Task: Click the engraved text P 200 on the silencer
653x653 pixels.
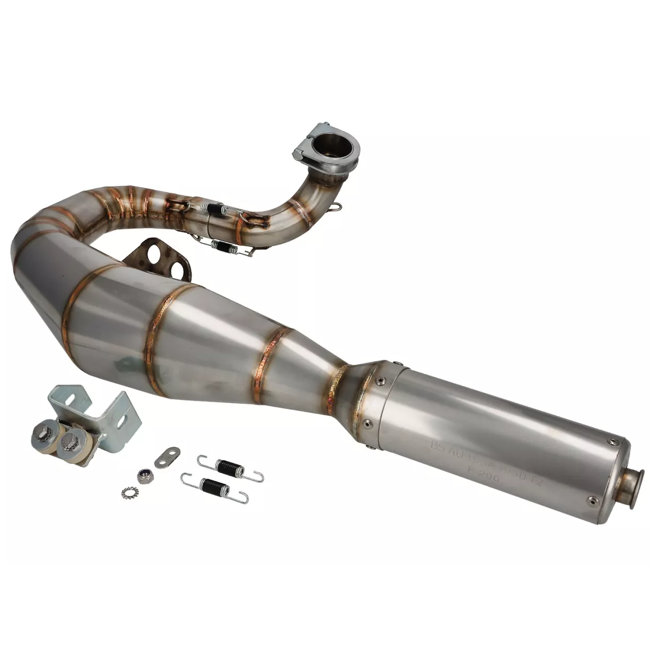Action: tap(483, 476)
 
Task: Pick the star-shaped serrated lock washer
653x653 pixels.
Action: tap(129, 491)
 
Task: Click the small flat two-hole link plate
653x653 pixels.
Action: tap(167, 457)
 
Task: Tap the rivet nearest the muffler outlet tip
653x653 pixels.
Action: tap(592, 500)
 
